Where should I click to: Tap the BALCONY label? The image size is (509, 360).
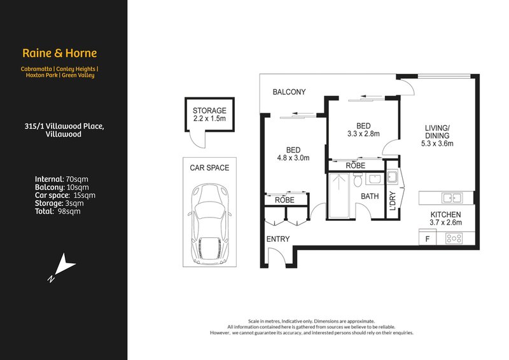tap(289, 92)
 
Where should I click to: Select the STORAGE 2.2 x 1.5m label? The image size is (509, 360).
tap(209, 114)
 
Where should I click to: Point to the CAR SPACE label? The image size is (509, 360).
tap(209, 168)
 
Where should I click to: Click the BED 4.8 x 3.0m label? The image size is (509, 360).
tap(293, 153)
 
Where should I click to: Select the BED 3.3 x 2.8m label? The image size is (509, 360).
tap(364, 129)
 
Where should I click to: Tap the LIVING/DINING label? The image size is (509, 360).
tap(437, 135)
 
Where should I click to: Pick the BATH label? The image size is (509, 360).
tap(370, 197)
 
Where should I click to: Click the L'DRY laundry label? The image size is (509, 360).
tap(393, 200)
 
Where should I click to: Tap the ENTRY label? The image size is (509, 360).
tap(278, 239)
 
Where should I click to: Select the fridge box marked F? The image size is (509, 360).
tap(427, 239)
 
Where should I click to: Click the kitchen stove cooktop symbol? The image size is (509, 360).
tap(454, 239)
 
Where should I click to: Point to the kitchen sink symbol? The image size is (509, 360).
tap(452, 198)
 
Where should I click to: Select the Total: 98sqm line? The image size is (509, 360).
tap(57, 211)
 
